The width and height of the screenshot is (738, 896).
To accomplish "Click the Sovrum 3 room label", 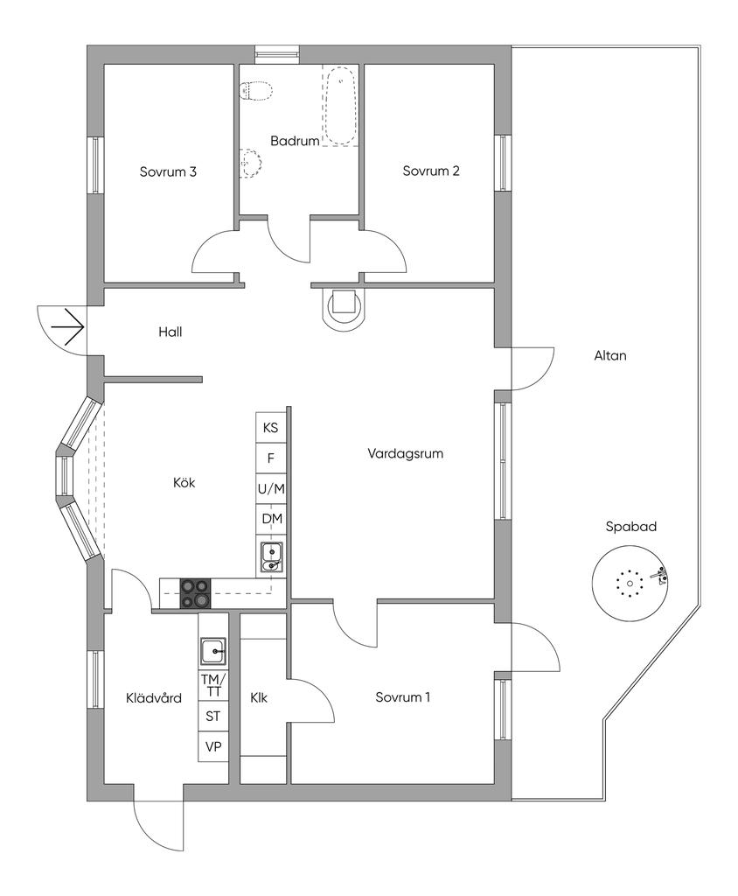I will click(x=167, y=171).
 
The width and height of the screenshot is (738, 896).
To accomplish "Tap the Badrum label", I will click(x=294, y=141).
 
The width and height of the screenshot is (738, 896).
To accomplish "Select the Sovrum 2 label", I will click(x=430, y=171).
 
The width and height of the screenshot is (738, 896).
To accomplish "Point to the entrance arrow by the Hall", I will click(x=66, y=330).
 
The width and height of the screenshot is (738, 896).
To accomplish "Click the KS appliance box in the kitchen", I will click(x=271, y=428).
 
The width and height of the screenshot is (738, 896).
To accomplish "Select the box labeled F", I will click(x=271, y=458).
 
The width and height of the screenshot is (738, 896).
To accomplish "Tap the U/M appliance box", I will click(x=271, y=488).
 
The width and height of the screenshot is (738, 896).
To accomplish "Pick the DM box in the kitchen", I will click(x=271, y=519).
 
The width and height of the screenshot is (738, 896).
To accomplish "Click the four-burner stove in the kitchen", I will click(x=195, y=593).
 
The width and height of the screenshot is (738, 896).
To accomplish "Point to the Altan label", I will click(x=609, y=356).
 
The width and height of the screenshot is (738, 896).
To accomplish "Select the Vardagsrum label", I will click(x=406, y=453).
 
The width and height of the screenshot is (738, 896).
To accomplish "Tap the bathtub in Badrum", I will click(x=341, y=108).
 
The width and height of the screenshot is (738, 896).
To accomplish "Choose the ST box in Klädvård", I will click(x=212, y=716).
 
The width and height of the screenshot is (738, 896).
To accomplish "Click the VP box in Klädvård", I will click(x=212, y=746).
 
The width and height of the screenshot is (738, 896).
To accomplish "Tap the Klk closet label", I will click(x=258, y=698).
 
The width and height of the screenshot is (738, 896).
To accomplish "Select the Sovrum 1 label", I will click(x=403, y=698).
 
